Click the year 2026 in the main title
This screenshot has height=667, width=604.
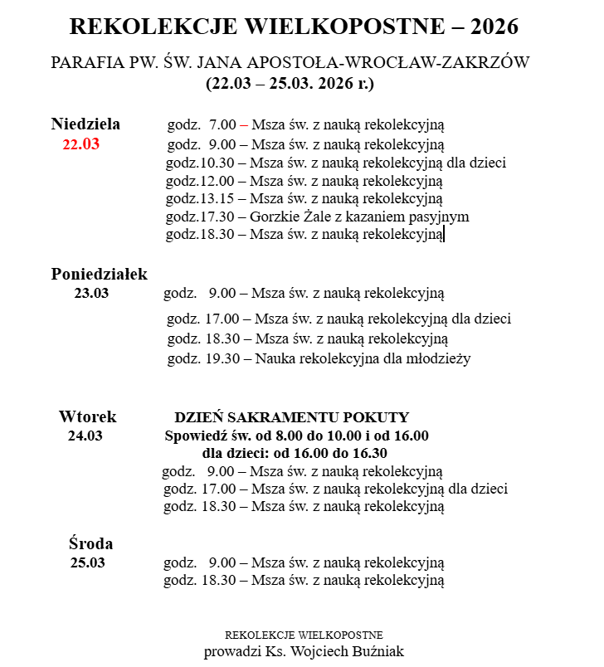click(x=494, y=27)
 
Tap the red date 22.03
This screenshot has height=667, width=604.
click(x=81, y=144)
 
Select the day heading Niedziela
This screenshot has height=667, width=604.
click(x=85, y=124)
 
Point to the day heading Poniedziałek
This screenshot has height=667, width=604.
click(x=99, y=274)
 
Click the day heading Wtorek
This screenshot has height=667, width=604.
click(x=87, y=416)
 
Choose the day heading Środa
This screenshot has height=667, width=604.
click(x=90, y=544)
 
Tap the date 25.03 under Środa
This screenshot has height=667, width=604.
click(x=88, y=562)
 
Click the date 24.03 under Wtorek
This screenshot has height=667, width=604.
click(x=85, y=436)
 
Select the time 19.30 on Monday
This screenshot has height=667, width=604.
click(x=222, y=358)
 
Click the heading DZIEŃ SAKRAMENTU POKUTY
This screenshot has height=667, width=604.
click(x=292, y=417)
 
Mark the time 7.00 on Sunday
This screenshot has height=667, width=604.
click(x=222, y=125)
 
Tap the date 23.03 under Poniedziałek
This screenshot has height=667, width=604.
click(x=91, y=292)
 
